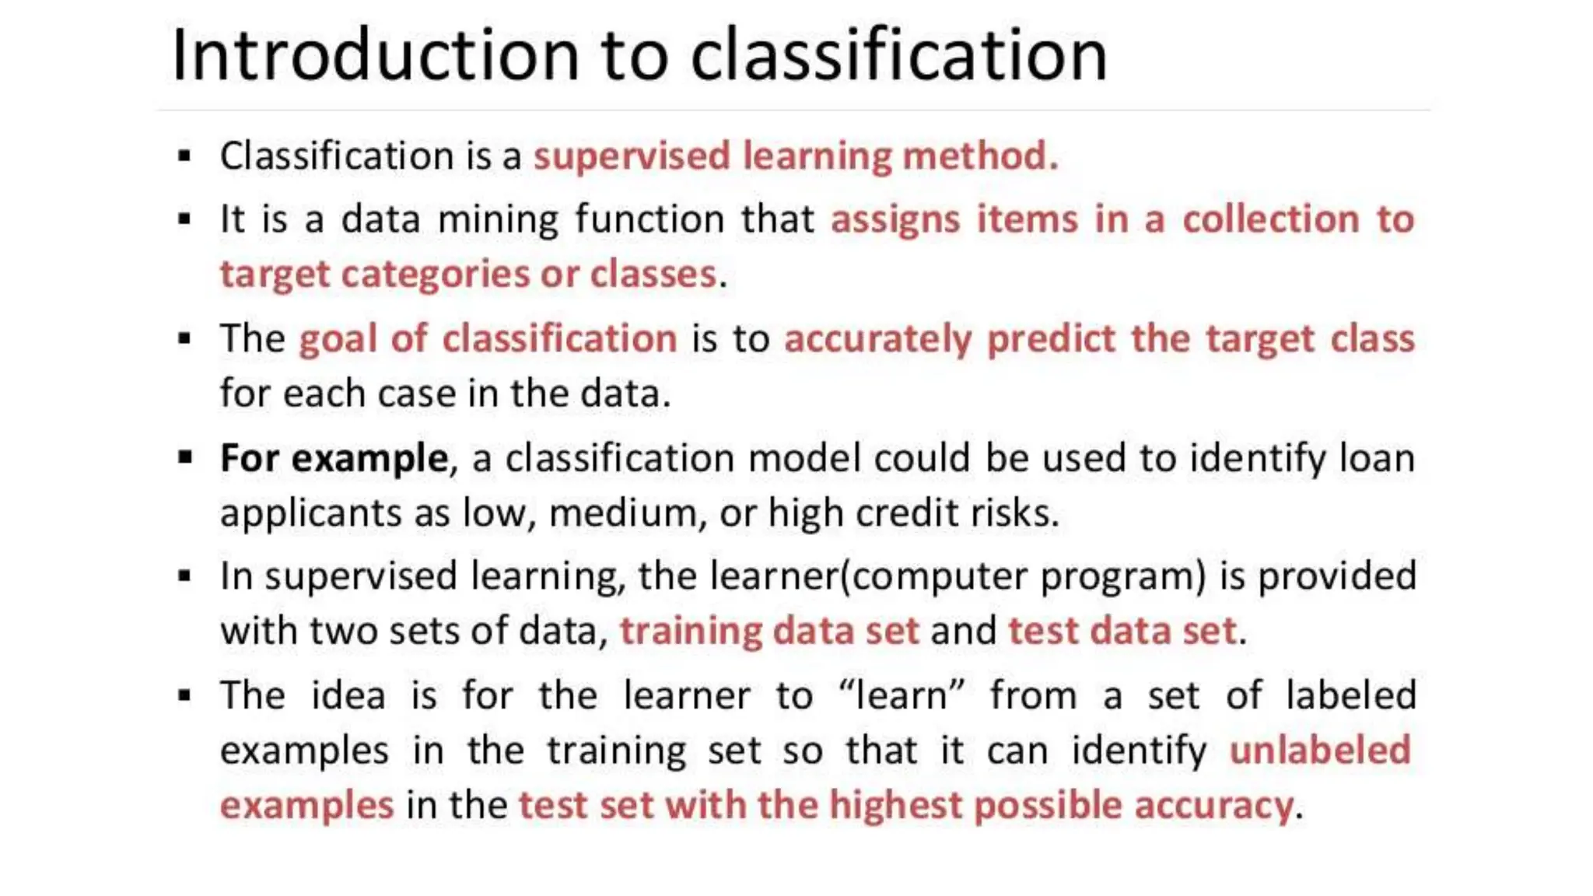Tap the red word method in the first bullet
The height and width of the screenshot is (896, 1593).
[x=979, y=156]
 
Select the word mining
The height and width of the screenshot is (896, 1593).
[x=498, y=220]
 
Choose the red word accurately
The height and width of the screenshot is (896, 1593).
[x=877, y=340]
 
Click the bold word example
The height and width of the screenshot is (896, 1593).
[x=369, y=459]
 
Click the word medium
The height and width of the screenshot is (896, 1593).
[x=621, y=513]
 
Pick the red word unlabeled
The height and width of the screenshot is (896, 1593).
[x=1319, y=751]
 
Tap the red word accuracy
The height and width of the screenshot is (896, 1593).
[x=1213, y=807]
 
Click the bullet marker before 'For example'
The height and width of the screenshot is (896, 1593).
[x=185, y=457]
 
